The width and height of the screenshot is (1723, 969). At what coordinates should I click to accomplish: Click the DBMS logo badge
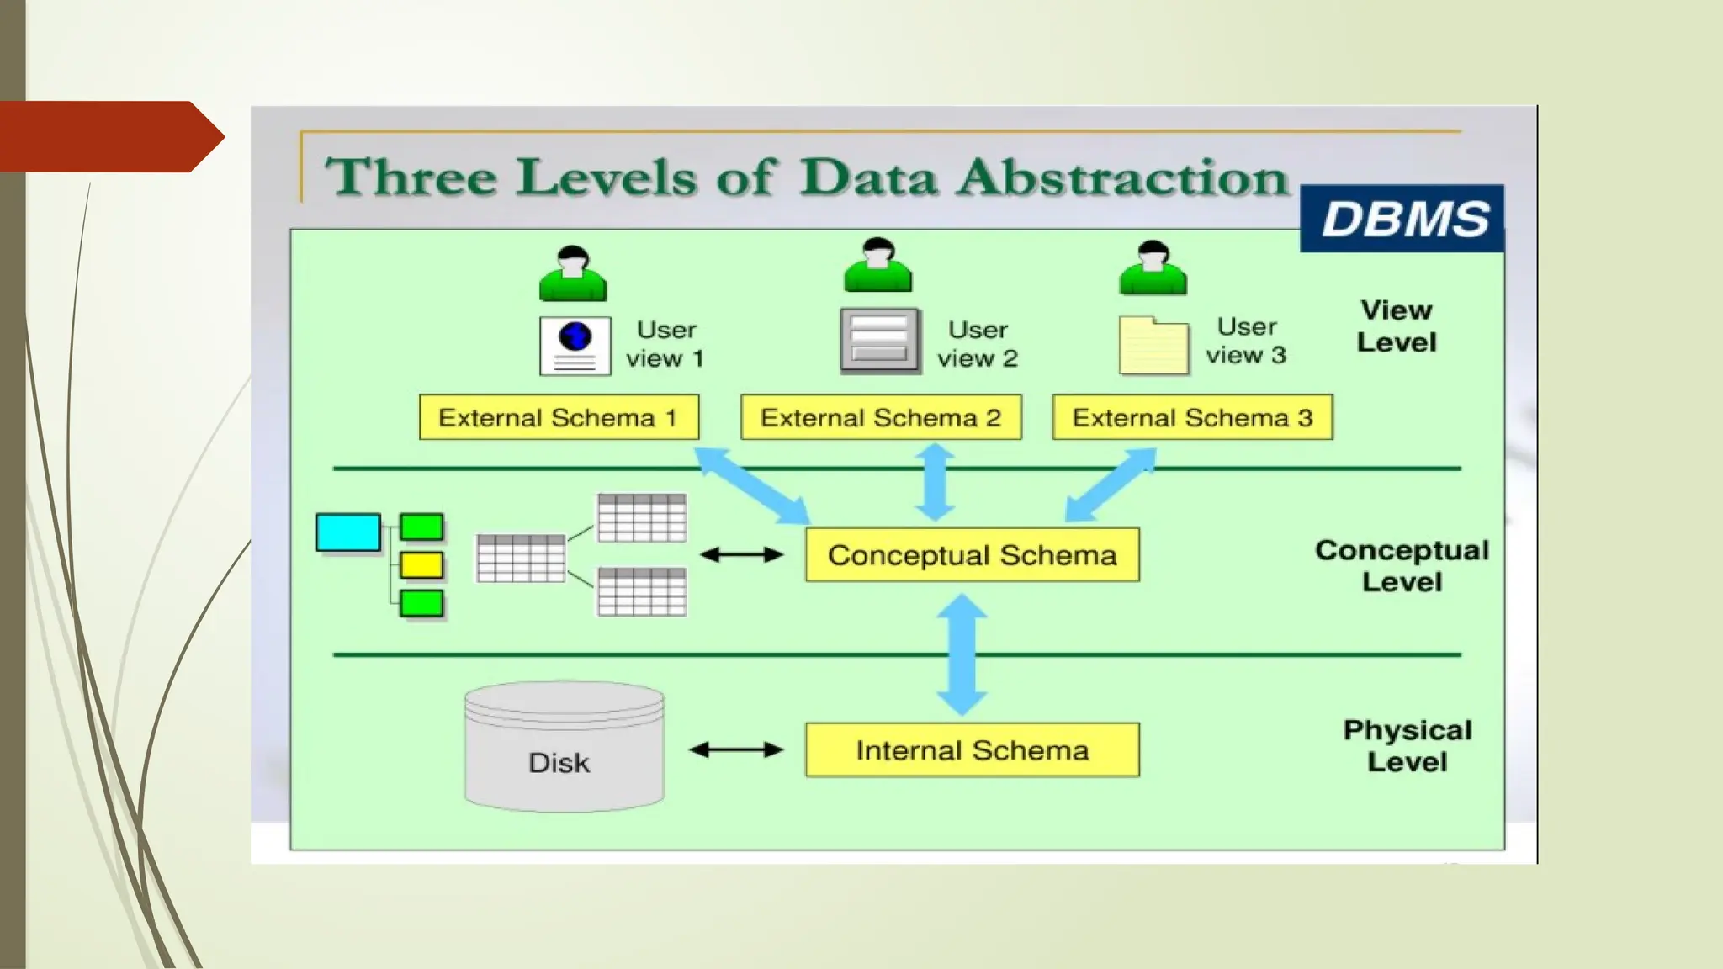tap(1402, 219)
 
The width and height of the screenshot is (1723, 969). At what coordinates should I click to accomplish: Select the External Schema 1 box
tap(559, 417)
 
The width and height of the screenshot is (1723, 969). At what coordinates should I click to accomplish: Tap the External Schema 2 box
tap(881, 417)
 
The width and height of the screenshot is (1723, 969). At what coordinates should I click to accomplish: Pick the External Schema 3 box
tap(1192, 417)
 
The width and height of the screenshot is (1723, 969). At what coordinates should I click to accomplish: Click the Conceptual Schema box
tap(972, 555)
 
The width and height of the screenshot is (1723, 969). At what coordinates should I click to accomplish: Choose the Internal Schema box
tap(972, 749)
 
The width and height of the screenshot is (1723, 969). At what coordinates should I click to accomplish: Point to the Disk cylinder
tap(564, 747)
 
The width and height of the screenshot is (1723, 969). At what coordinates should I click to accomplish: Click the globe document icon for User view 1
tap(575, 346)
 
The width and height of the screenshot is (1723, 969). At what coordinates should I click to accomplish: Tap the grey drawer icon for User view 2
tap(880, 341)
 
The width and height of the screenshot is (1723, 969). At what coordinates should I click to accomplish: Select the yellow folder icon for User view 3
tap(1153, 345)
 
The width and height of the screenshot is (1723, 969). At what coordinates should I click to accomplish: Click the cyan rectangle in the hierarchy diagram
tap(347, 532)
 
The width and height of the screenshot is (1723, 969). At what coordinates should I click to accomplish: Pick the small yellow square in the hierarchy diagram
tap(421, 564)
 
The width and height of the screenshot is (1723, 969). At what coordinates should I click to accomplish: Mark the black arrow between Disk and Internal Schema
tap(735, 749)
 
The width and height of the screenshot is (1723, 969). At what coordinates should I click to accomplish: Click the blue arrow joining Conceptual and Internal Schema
tap(962, 654)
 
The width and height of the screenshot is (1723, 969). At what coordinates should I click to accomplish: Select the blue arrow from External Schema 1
tap(751, 485)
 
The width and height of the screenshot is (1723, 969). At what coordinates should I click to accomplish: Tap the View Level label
tap(1397, 326)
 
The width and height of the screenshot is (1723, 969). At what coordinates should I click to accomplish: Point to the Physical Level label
tap(1408, 746)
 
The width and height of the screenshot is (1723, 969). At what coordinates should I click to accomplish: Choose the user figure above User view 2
tap(877, 265)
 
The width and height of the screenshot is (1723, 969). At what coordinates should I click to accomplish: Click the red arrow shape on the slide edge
tap(109, 136)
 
